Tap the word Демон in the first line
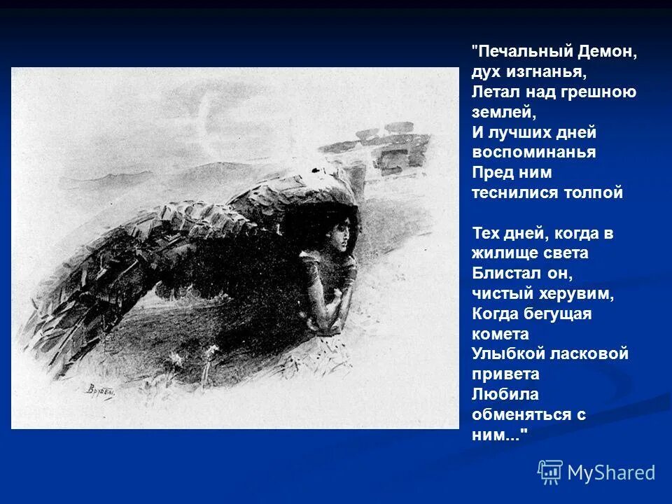pyautogui.click(x=608, y=52)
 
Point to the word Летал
pyautogui.click(x=494, y=92)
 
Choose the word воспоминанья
pyautogui.click(x=534, y=153)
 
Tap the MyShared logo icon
pyautogui.click(x=550, y=472)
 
